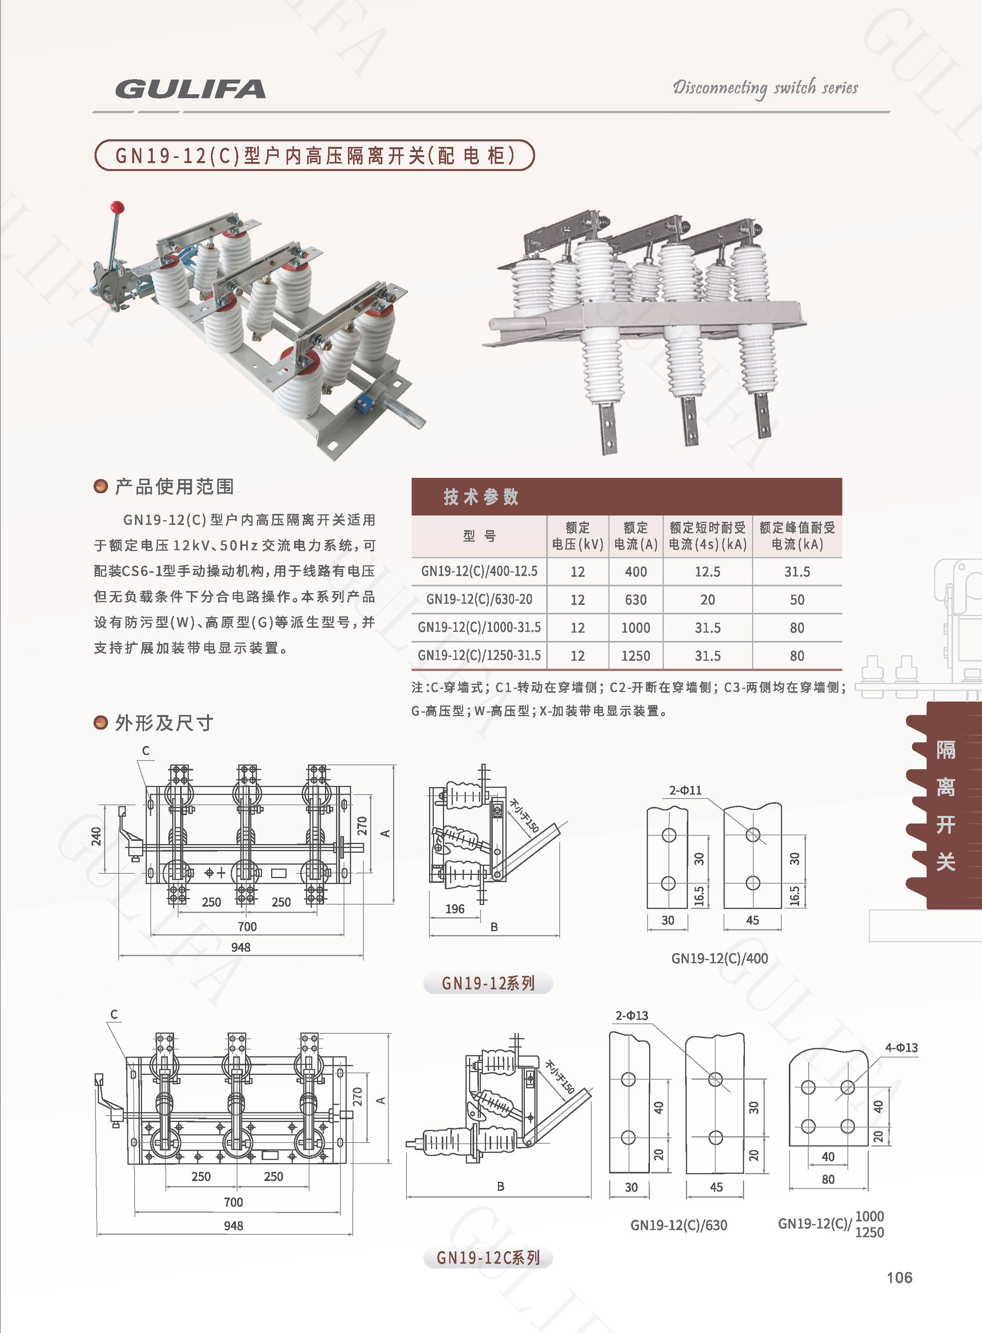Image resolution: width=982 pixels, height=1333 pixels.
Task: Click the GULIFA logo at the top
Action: point(190,89)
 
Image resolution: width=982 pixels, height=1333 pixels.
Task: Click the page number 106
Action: point(899,1278)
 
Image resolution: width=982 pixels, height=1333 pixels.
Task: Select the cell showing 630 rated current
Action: point(635,599)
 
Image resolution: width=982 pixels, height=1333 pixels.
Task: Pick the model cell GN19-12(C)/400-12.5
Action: point(479,571)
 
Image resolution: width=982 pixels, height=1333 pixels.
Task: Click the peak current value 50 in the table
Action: point(797,599)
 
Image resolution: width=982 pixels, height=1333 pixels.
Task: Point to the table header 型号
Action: point(479,536)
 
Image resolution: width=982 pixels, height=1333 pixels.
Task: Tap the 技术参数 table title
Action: point(481,496)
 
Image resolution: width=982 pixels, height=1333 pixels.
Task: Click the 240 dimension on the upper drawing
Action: point(96,836)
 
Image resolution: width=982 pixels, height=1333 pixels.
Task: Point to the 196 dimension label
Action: point(455,909)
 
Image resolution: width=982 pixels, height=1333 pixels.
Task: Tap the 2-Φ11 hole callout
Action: point(686,790)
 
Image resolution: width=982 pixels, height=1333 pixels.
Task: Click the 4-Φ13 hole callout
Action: point(901,1048)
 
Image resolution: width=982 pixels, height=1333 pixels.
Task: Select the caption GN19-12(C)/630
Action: point(679,1225)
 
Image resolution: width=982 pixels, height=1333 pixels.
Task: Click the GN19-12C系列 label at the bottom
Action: point(488,1257)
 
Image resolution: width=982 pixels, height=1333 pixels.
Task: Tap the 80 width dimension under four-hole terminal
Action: point(828,1179)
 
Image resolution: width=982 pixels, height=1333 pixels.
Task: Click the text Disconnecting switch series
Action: point(765,88)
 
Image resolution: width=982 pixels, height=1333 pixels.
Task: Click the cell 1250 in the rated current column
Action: point(635,656)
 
